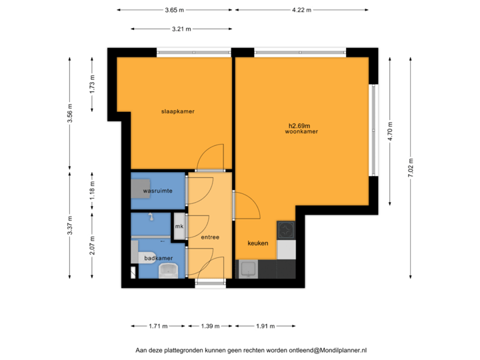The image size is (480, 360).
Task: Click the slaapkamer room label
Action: tap(177, 111)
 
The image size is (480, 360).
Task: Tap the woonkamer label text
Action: tap(301, 132)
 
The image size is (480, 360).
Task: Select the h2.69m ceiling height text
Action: tap(300, 125)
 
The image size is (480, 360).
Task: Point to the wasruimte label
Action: tap(158, 191)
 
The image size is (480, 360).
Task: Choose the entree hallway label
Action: tap(209, 237)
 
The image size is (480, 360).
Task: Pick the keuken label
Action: tap(258, 243)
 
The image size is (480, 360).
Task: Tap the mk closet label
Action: tap(179, 227)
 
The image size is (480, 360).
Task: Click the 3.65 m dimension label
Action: tap(175, 10)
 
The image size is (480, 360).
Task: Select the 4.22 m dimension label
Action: tap(301, 10)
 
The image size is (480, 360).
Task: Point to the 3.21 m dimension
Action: tap(181, 29)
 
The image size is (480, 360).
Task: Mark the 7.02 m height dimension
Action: tap(410, 167)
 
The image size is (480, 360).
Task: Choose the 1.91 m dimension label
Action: tap(265, 326)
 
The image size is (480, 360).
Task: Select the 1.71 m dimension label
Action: tap(158, 326)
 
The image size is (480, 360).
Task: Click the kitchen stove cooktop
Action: tap(286, 230)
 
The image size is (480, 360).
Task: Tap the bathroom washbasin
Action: tap(169, 269)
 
